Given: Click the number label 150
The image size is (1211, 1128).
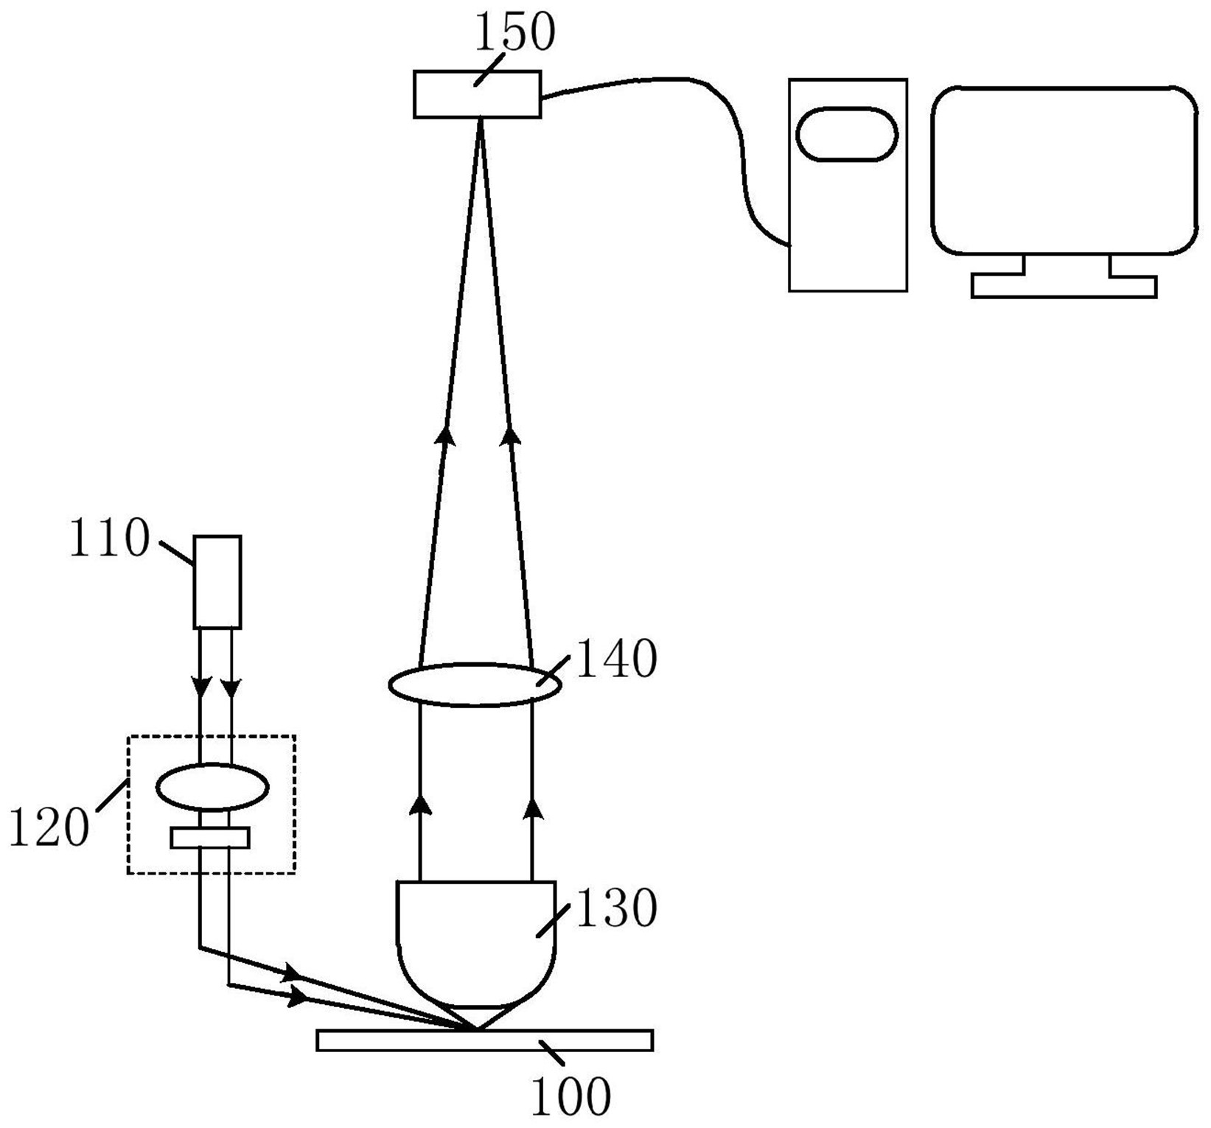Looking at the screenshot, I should (x=514, y=32).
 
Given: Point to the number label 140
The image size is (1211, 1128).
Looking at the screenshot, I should (x=615, y=659).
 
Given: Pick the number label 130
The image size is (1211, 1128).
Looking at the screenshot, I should (x=615, y=908).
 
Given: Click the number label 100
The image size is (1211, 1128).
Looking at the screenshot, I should (x=570, y=1097).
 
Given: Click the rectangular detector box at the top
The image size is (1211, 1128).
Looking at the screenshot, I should (x=477, y=94).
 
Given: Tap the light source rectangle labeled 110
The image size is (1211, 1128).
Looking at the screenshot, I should (x=217, y=582).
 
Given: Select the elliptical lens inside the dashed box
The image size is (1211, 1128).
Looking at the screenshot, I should (x=212, y=788).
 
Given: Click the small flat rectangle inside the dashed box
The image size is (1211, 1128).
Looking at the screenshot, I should (x=210, y=838).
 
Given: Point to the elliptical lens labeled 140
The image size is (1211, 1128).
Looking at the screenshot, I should (x=475, y=685).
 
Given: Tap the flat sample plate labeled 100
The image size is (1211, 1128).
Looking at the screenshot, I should (x=484, y=1040).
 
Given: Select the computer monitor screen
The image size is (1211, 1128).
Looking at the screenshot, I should (x=1064, y=170).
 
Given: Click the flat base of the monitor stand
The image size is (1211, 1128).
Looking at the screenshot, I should (x=1064, y=286).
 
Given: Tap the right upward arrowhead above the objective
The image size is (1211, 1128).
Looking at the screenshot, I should (x=532, y=808).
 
